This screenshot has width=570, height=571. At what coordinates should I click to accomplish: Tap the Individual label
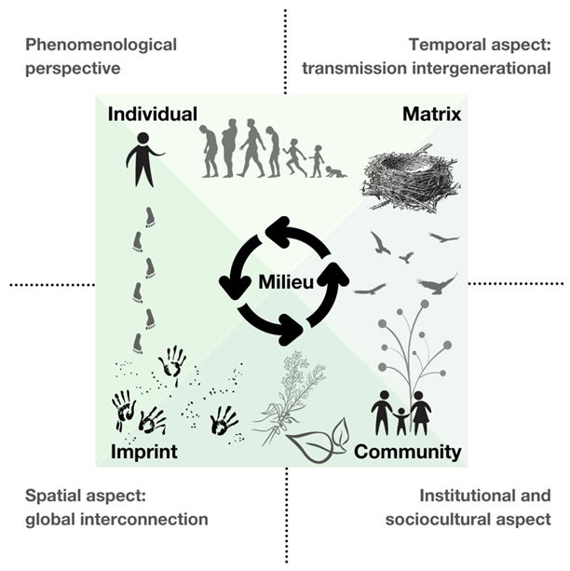pos(152,115)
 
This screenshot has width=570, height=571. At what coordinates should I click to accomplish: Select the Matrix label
pos(432,115)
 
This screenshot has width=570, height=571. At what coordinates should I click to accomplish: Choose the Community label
pos(408,453)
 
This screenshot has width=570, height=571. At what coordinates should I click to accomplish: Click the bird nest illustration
pos(405,180)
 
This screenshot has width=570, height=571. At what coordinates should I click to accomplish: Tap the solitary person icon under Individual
pos(142,158)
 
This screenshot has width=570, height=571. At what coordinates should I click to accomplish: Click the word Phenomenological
pos(102,44)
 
